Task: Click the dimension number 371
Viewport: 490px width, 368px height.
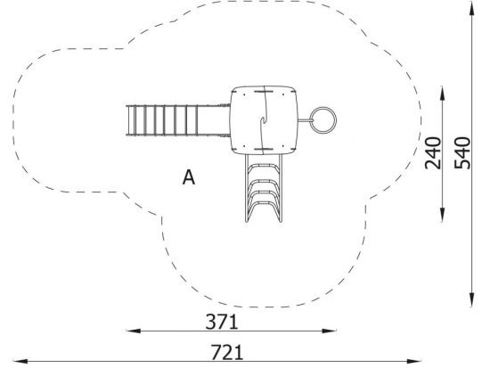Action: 222,322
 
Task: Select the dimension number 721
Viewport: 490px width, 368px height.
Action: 227,352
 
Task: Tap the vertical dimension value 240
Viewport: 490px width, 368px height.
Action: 433,153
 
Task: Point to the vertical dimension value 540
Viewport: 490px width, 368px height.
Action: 462,153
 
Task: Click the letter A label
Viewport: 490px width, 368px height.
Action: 189,177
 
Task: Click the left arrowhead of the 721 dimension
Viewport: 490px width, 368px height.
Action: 20,362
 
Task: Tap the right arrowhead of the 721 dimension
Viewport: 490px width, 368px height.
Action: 413,362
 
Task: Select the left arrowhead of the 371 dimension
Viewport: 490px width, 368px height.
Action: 134,331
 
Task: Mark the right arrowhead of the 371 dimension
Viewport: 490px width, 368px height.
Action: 329,331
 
